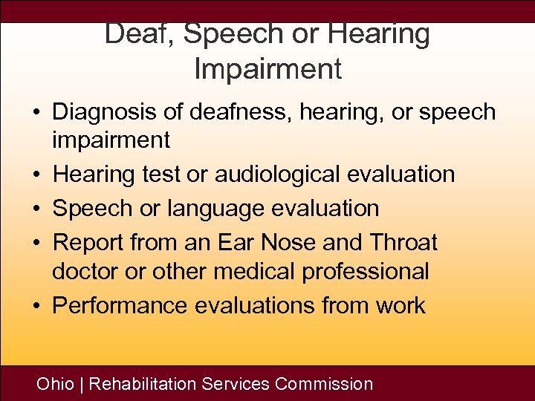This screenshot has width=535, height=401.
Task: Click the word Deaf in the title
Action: [135, 34]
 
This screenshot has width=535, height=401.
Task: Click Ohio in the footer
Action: [56, 384]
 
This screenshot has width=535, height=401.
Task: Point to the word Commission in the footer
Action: [324, 384]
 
